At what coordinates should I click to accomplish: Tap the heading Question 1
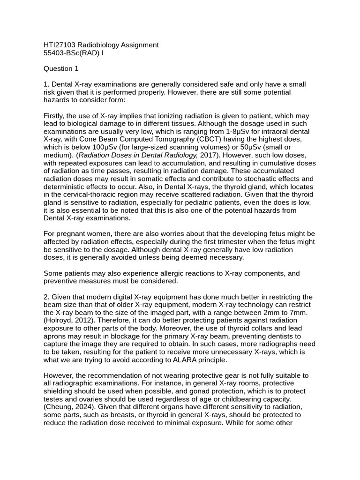point(61,69)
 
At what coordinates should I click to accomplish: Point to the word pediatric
point(206,202)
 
